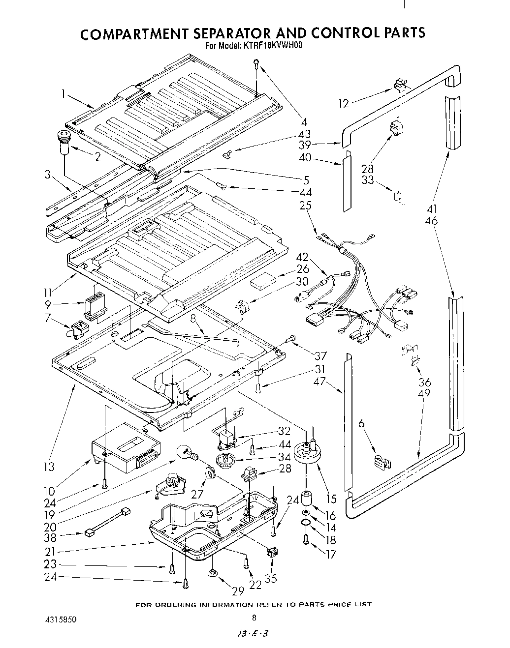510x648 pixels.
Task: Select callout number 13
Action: point(49,466)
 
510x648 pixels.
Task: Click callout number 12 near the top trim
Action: point(344,103)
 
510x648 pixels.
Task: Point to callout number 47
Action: point(320,381)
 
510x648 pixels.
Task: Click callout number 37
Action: point(321,355)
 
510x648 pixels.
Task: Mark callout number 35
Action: point(271,579)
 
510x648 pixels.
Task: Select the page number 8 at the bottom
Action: point(254,618)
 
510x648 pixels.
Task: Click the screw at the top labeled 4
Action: point(256,63)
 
